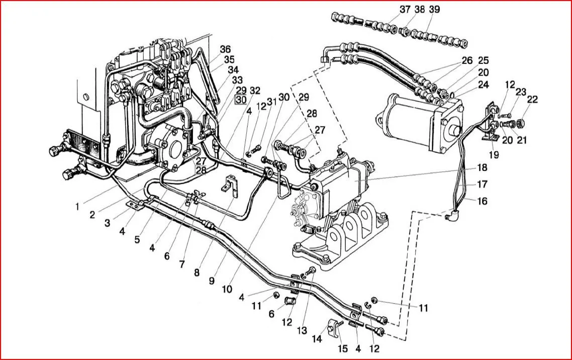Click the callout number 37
click(x=405, y=10)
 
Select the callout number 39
click(x=434, y=10)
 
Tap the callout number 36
click(x=225, y=49)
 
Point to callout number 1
click(x=78, y=206)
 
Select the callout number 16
click(x=482, y=201)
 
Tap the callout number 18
click(x=482, y=167)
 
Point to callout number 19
click(x=494, y=155)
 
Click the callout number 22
click(x=532, y=99)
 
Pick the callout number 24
click(x=484, y=84)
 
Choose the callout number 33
click(x=237, y=80)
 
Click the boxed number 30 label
click(x=241, y=100)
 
